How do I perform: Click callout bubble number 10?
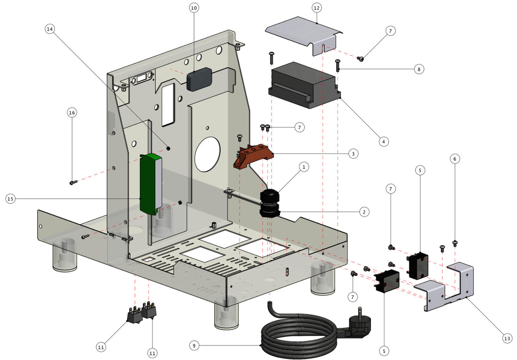coord(194,8)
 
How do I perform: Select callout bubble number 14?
coord(50,29)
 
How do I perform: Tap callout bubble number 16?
coord(71,113)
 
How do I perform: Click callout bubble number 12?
coord(316,8)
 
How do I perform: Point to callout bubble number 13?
coord(507,338)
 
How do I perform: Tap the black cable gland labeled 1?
coord(270,196)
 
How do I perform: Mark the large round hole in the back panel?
coord(207,154)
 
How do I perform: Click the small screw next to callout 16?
coord(73,182)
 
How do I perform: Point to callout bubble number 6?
coord(454,159)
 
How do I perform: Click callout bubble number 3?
coord(353,153)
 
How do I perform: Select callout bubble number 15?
coord(10,199)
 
